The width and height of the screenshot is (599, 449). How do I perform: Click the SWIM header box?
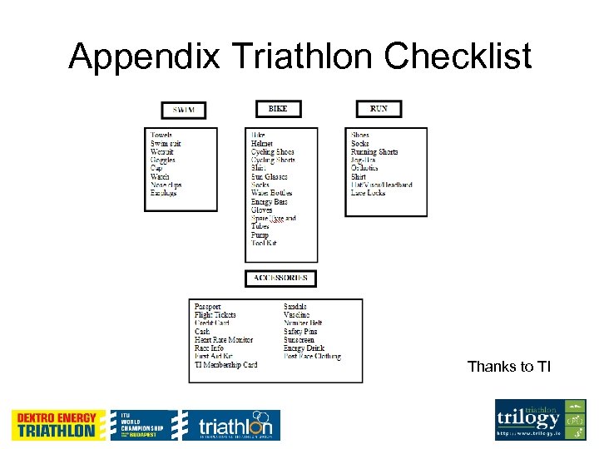184,111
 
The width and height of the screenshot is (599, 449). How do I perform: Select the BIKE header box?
278,109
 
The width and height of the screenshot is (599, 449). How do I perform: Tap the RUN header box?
379,109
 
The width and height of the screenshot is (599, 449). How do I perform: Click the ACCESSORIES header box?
280,279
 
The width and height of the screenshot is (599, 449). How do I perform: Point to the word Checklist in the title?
458,57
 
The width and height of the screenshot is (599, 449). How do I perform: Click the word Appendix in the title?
144,57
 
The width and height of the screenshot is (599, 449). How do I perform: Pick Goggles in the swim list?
163,160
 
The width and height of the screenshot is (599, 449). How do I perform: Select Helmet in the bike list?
262,144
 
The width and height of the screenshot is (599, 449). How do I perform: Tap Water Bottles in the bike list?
272,193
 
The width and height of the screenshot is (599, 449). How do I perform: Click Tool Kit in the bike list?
265,243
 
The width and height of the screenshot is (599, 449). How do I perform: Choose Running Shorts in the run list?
374,152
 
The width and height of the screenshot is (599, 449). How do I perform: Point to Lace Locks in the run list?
368,193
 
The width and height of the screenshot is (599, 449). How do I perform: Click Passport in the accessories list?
208,307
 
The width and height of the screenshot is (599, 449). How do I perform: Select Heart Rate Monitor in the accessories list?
224,340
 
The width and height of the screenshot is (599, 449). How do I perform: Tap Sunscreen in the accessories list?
299,340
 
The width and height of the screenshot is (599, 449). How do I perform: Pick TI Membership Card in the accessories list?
226,365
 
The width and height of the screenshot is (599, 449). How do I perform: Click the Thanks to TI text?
509,367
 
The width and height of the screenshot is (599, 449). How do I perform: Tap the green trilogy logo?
541,420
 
